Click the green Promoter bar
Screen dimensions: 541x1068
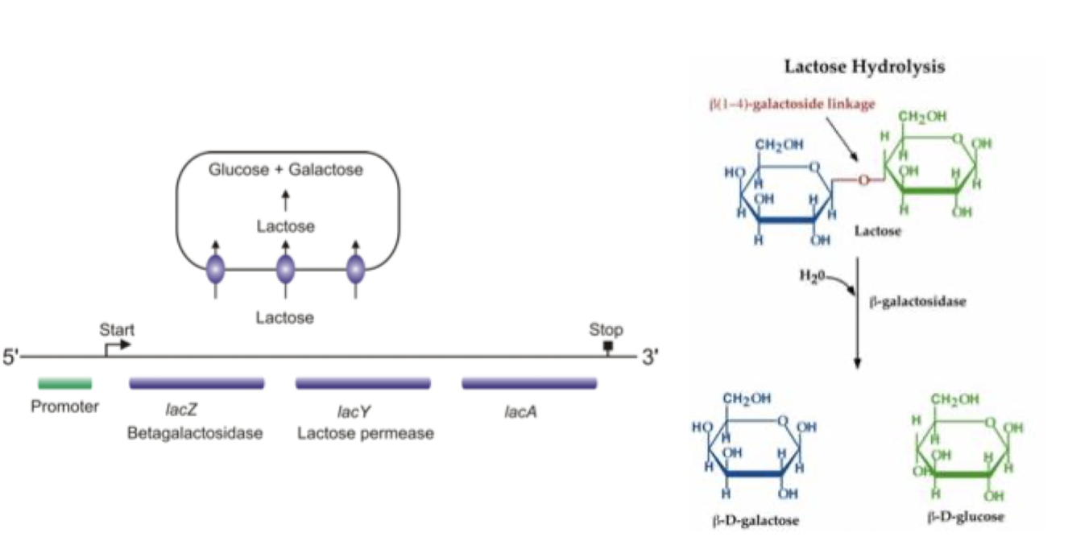pos(64,383)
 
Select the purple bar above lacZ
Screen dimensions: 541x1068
pos(197,383)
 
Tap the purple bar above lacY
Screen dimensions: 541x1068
pos(365,383)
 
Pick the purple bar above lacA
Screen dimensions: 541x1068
pos(529,383)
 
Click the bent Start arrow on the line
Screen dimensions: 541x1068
pos(116,345)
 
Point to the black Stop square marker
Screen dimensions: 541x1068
pos(608,346)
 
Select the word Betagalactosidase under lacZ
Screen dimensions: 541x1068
pos(195,434)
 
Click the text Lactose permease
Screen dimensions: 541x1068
pos(366,434)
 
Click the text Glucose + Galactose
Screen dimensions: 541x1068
pos(286,170)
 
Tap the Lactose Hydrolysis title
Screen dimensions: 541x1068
pos(864,67)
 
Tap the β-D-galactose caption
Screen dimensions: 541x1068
pos(755,520)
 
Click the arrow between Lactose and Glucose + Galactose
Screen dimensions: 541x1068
pos(285,200)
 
